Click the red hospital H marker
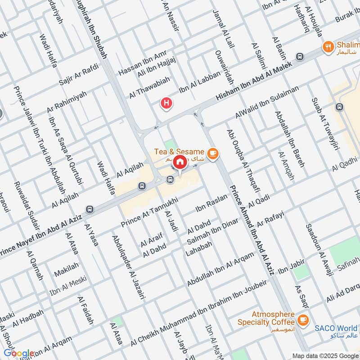point(166,103)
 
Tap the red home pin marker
point(180,162)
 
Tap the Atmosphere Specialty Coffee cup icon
point(303,319)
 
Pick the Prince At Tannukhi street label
point(150,211)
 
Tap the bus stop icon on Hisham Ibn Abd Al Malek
point(300,57)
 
